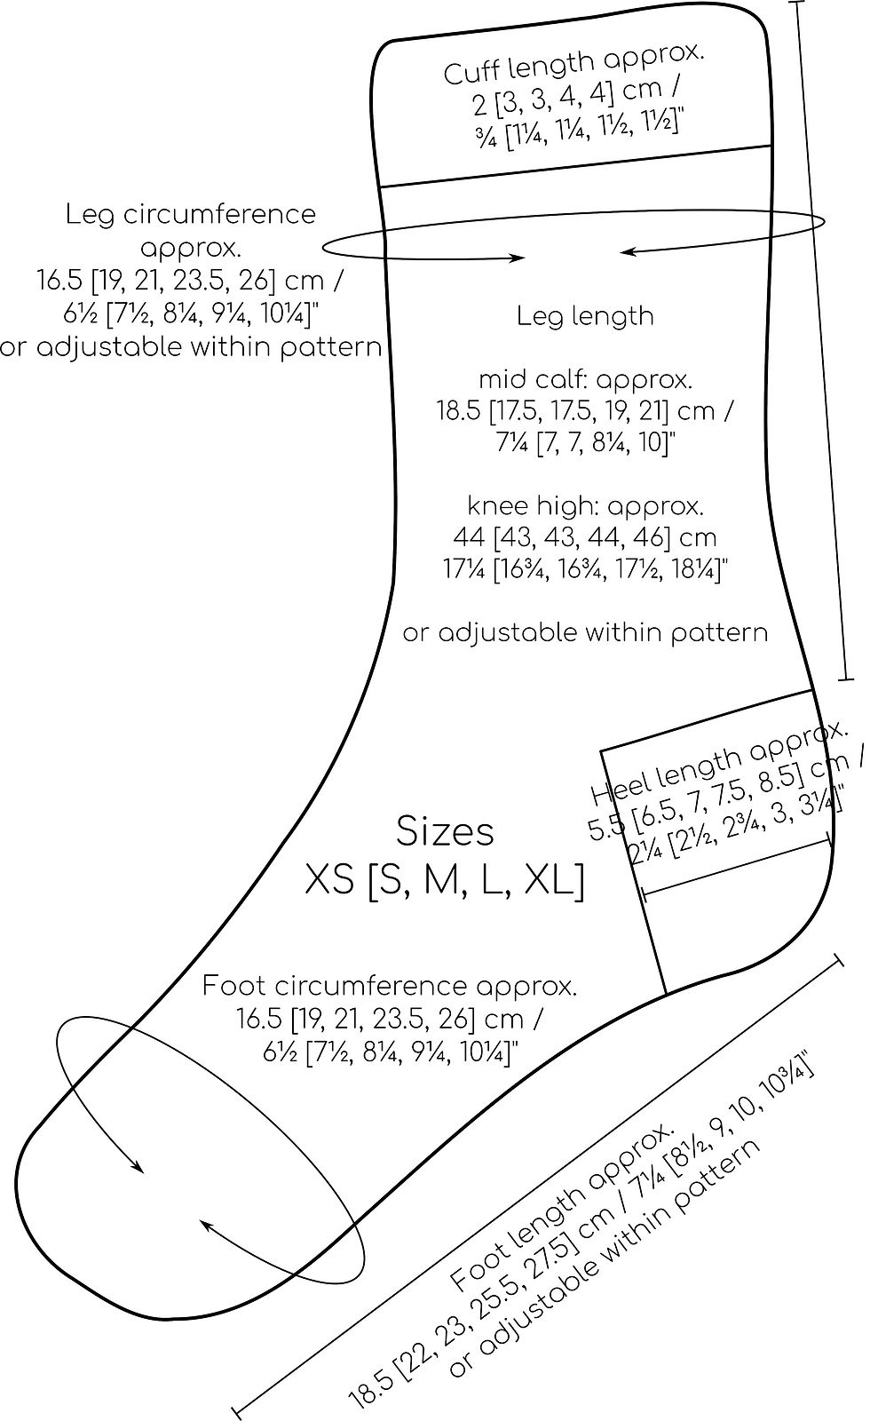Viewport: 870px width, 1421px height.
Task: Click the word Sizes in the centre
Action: click(x=445, y=832)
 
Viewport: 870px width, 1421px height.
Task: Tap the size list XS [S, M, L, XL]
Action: click(x=445, y=881)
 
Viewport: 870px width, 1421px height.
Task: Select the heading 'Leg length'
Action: click(x=585, y=316)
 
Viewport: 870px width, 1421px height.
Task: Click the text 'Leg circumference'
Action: click(x=190, y=214)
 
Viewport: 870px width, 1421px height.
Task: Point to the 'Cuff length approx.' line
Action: click(x=573, y=65)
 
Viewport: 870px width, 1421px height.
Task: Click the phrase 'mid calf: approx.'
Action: click(x=585, y=380)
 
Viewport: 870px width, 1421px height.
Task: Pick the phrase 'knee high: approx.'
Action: click(x=585, y=506)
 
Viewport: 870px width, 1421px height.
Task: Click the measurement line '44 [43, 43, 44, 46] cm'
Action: click(x=585, y=537)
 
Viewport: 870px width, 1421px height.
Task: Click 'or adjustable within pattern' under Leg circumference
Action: click(x=190, y=346)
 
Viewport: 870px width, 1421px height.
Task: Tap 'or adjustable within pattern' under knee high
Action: click(x=585, y=633)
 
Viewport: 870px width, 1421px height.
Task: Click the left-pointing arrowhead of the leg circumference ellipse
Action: click(x=625, y=253)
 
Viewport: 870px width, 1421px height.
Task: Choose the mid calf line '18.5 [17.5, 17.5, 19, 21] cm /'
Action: click(x=585, y=411)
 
